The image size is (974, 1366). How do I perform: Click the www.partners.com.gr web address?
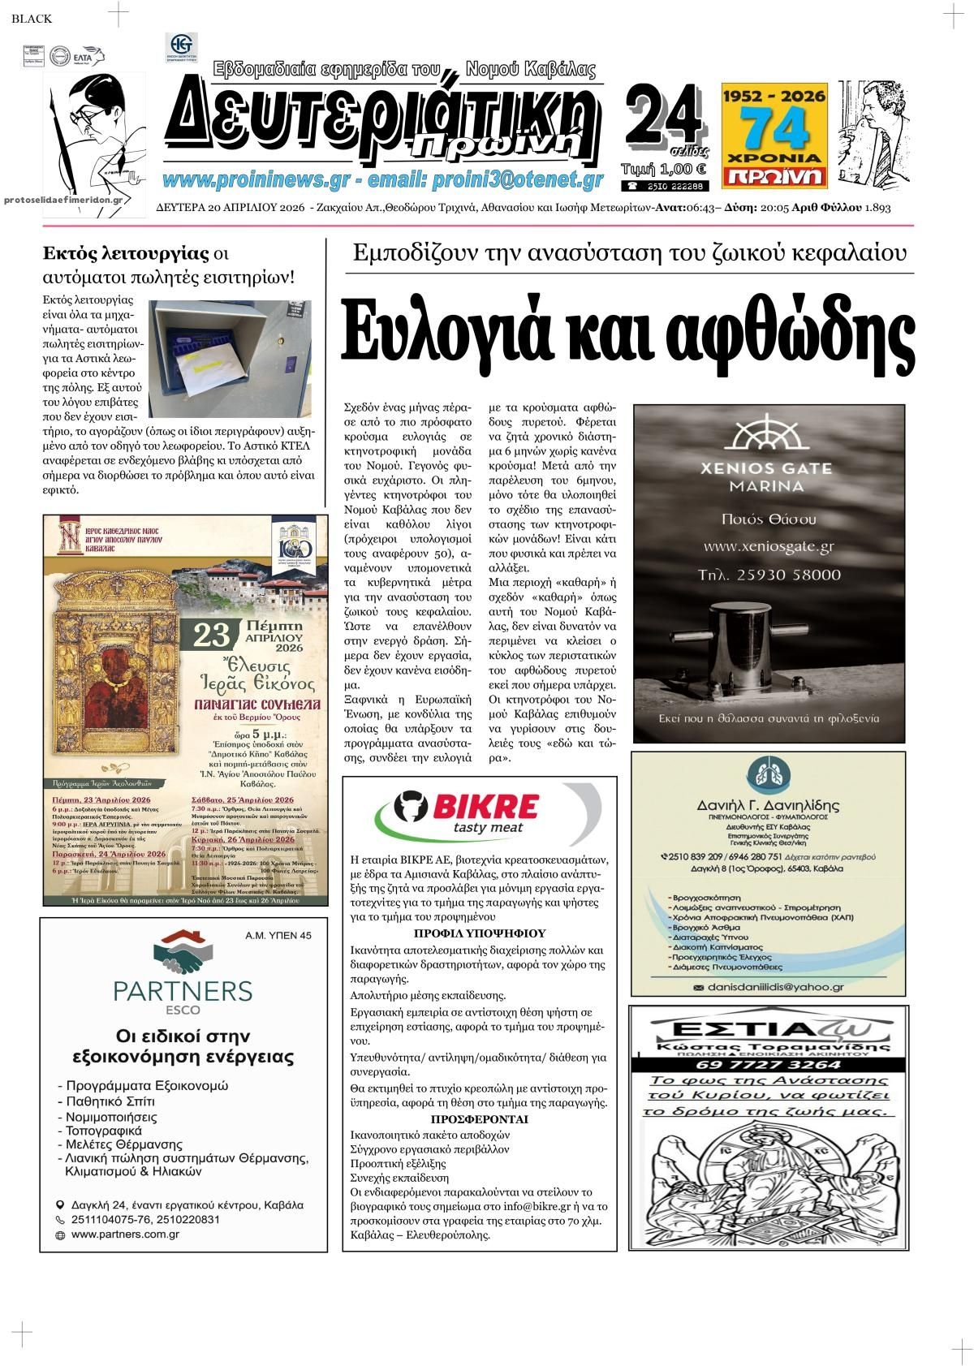tap(125, 1235)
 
